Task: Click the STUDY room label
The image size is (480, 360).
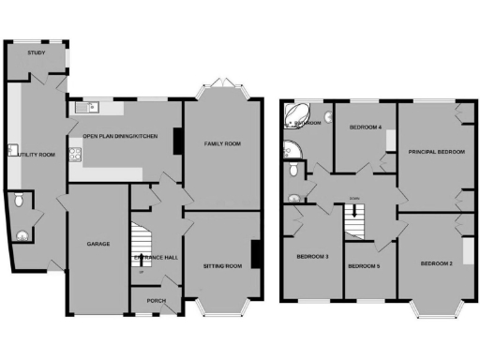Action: (x=37, y=53)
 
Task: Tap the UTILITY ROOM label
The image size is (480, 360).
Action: (x=34, y=154)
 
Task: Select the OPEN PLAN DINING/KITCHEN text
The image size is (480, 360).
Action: (x=120, y=137)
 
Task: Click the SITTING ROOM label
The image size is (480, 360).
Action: (x=222, y=266)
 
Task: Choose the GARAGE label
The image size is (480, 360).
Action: (x=99, y=244)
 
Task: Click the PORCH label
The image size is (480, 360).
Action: (x=156, y=300)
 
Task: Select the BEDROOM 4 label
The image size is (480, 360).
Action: (x=365, y=127)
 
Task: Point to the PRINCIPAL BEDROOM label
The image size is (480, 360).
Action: (x=437, y=150)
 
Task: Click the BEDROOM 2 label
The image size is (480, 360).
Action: (x=437, y=263)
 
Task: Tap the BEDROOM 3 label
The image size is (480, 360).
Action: (x=312, y=257)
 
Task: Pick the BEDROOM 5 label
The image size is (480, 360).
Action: (x=363, y=266)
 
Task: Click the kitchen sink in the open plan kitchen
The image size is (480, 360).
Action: (x=82, y=106)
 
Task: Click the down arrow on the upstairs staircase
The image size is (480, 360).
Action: (x=354, y=212)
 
